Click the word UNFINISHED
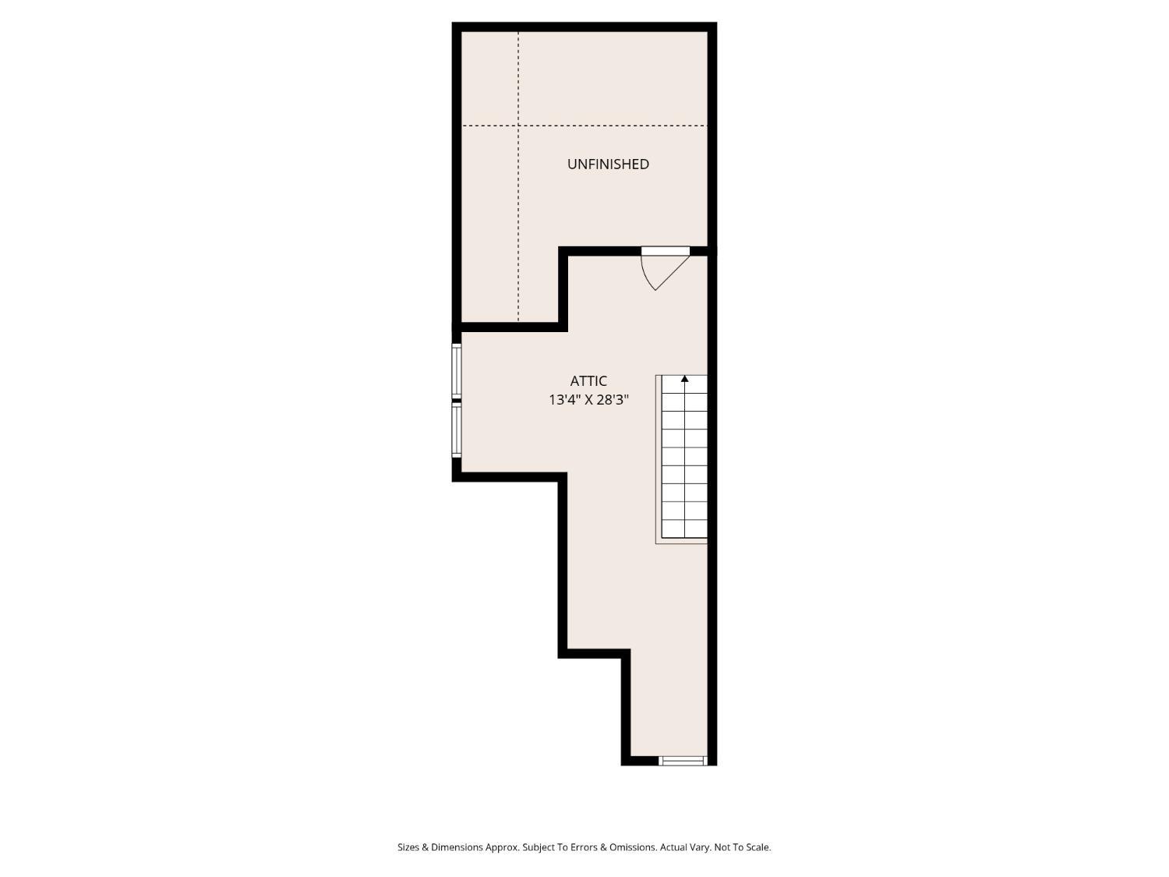(608, 164)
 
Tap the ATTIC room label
(588, 380)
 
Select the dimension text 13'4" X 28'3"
(588, 399)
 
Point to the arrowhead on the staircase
(684, 379)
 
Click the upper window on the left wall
(457, 370)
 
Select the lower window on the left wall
(457, 430)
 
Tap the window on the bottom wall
(683, 760)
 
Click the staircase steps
(684, 458)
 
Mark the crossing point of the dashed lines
(518, 126)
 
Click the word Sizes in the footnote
(408, 847)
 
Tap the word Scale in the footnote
(758, 847)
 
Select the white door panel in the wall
(666, 251)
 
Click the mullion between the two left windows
(457, 399)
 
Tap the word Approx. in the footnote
(502, 847)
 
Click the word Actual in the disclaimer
(673, 847)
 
